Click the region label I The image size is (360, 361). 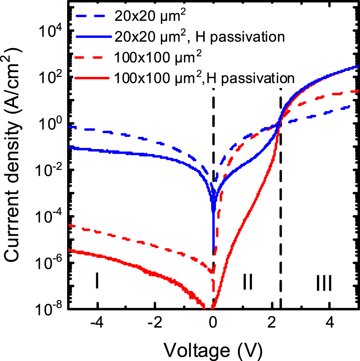click(97, 281)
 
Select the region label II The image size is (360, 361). click(248, 282)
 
